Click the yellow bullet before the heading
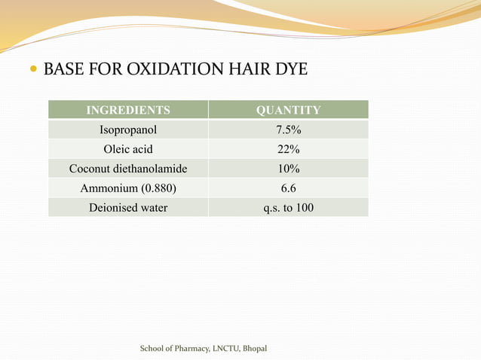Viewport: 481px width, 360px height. (33, 71)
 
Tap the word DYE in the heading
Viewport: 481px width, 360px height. (290, 70)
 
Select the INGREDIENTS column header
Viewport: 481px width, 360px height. (128, 111)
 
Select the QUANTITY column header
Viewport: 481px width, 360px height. (288, 111)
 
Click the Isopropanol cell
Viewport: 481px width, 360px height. (128, 130)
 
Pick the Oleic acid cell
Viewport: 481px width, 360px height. (128, 149)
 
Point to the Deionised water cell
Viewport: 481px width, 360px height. (128, 207)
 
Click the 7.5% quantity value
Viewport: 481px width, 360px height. (288, 130)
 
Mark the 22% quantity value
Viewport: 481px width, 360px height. (288, 149)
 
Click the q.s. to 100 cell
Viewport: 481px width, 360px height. (288, 207)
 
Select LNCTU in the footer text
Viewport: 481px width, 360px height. (224, 349)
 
